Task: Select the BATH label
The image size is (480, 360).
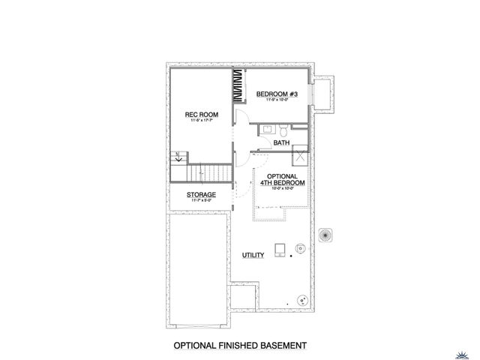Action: pos(281,142)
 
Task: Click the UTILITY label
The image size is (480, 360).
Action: pos(253,256)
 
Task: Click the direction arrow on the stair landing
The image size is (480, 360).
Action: pos(178,158)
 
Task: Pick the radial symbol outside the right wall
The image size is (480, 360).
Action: pos(326,235)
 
